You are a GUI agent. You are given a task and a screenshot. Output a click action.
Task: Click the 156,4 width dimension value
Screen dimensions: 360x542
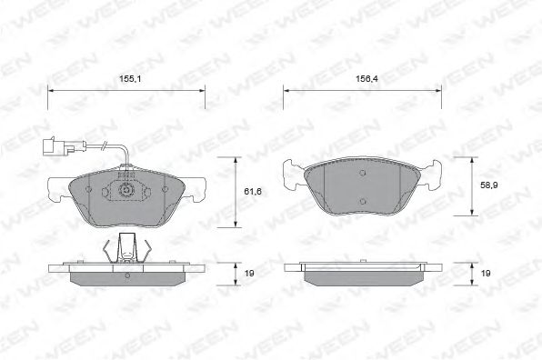[366, 79]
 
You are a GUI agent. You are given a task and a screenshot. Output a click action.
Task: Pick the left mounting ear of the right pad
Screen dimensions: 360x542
[293, 173]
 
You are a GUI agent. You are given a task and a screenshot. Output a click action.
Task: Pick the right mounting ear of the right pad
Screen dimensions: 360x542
[434, 173]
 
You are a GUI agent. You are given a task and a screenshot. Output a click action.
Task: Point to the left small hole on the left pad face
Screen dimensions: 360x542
[88, 188]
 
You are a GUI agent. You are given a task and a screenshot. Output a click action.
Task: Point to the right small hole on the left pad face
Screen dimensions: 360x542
[164, 188]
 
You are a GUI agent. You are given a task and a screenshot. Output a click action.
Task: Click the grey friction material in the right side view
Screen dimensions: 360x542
[364, 275]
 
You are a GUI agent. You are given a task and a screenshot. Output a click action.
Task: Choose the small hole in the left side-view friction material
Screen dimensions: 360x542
[127, 275]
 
